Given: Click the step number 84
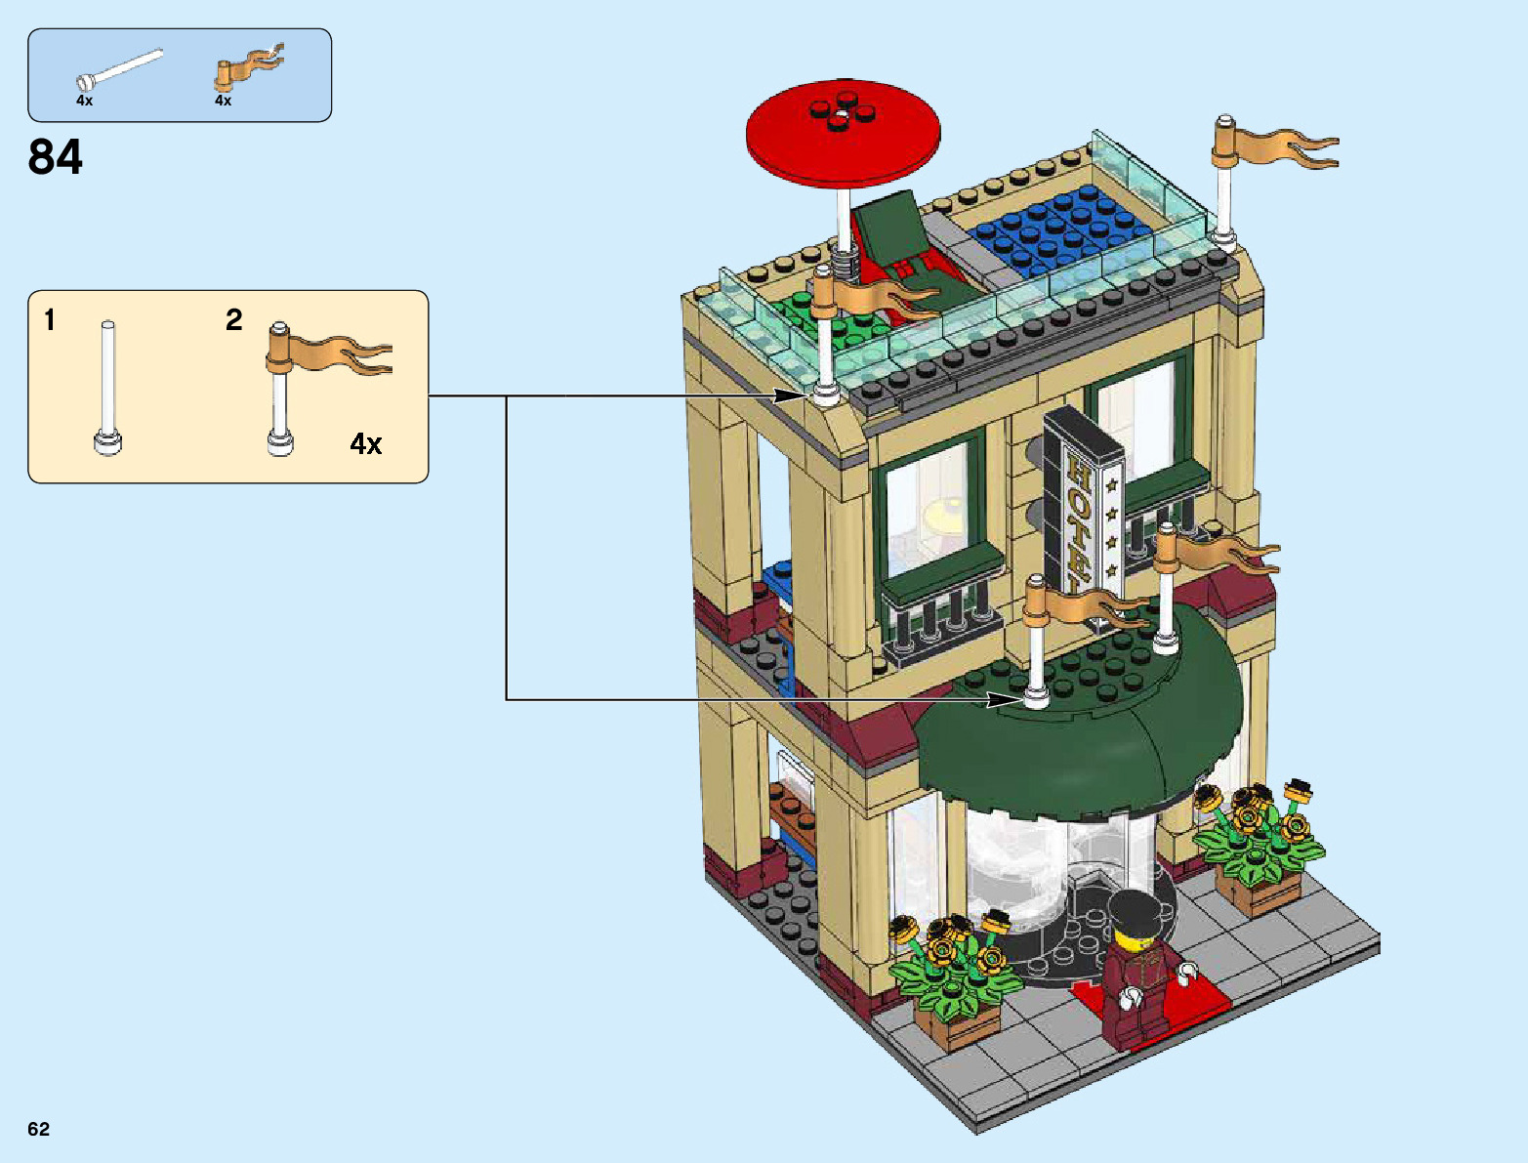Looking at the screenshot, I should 56,157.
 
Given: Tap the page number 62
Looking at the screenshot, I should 38,1129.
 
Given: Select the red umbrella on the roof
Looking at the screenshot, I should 843,131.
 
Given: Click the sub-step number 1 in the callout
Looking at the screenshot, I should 50,320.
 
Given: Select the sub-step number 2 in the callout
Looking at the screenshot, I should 234,320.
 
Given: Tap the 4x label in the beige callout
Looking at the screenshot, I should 365,444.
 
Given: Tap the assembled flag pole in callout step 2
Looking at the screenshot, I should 281,391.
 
